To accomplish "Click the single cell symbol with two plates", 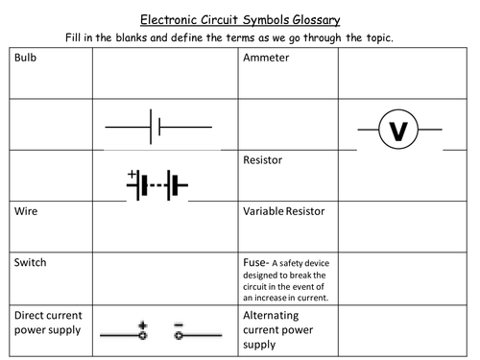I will pyautogui.click(x=157, y=125).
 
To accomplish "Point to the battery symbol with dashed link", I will pyautogui.click(x=156, y=184).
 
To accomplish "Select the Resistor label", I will pyautogui.click(x=265, y=162).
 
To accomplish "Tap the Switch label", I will pyautogui.click(x=30, y=261).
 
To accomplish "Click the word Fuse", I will pyautogui.click(x=256, y=261).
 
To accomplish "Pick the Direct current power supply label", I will pyautogui.click(x=47, y=323).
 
